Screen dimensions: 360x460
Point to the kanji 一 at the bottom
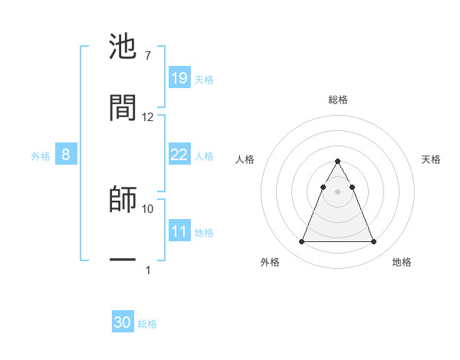click(123, 260)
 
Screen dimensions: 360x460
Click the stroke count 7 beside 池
click(147, 56)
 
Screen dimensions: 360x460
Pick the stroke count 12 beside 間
click(148, 117)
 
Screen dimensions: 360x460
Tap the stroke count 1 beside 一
click(148, 270)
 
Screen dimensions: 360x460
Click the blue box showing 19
click(179, 78)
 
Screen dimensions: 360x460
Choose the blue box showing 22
click(179, 155)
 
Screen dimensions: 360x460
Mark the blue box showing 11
click(179, 231)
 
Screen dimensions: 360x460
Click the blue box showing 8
click(66, 155)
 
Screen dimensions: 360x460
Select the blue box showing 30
click(123, 322)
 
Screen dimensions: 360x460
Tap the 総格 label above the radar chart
click(338, 100)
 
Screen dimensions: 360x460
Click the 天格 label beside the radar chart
click(432, 159)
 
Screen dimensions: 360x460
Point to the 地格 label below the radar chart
click(402, 262)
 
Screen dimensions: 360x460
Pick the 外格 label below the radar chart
click(270, 262)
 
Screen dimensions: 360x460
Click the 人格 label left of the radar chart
click(245, 159)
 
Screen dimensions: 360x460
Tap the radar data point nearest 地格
click(373, 242)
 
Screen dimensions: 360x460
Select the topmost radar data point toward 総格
click(337, 161)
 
